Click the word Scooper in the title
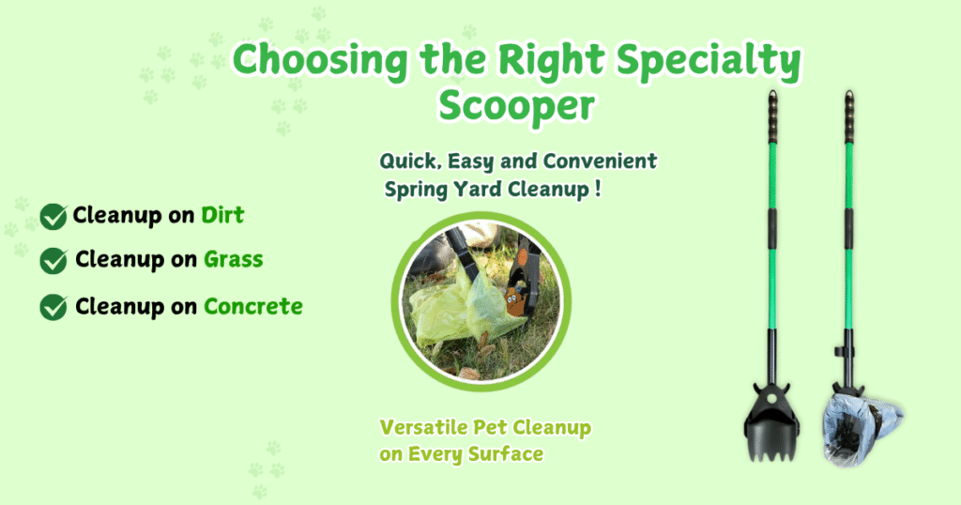516,105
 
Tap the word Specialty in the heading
709,61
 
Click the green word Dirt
222,215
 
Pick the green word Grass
234,260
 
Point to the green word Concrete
253,306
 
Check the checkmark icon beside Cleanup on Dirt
53,216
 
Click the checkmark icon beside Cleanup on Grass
53,260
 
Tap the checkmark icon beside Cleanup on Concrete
53,307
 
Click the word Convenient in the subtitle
600,161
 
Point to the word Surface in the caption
506,454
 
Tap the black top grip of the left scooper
773,116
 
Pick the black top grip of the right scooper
848,116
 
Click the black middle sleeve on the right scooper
848,229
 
